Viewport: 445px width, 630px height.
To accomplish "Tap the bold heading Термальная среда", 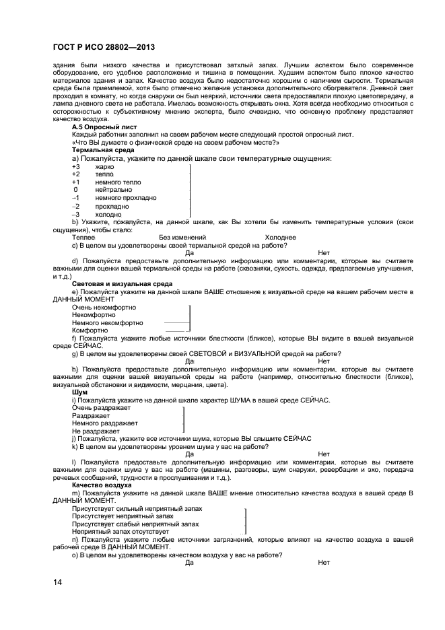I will pos(102,149).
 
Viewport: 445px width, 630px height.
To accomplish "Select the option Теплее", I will pos(83,237).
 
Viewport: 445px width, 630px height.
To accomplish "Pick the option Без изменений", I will pos(182,237).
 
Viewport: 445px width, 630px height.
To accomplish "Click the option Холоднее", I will pos(280,237).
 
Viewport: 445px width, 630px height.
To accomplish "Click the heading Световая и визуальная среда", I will pos(122,284).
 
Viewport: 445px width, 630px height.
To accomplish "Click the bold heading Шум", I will pos(79,392).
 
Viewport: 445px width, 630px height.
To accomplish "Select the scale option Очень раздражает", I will pos(101,407).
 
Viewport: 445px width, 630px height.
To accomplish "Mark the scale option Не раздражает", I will pos(96,431).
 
